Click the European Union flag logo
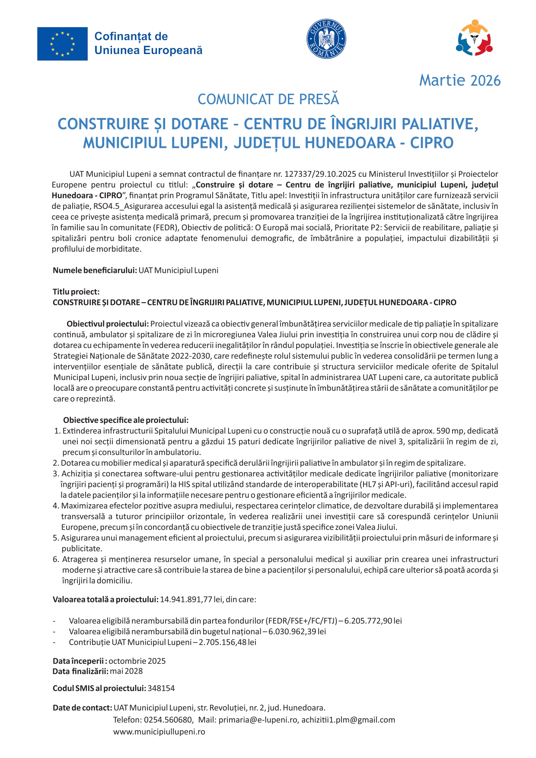tap(62, 44)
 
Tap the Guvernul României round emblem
tap(326, 39)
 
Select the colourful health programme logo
tap(474, 38)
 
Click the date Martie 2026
tap(459, 80)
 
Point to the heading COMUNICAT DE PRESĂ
tap(268, 99)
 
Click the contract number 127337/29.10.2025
tap(320, 174)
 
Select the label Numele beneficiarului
tap(95, 271)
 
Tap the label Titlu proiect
tap(76, 292)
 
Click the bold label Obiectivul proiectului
tap(108, 324)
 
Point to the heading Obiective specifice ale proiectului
tap(126, 420)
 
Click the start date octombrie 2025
tap(137, 661)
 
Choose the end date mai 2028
tap(126, 672)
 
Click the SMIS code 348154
tap(161, 688)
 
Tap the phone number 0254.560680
tap(169, 720)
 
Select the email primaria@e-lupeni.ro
tap(258, 720)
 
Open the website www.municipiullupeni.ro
tap(159, 732)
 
